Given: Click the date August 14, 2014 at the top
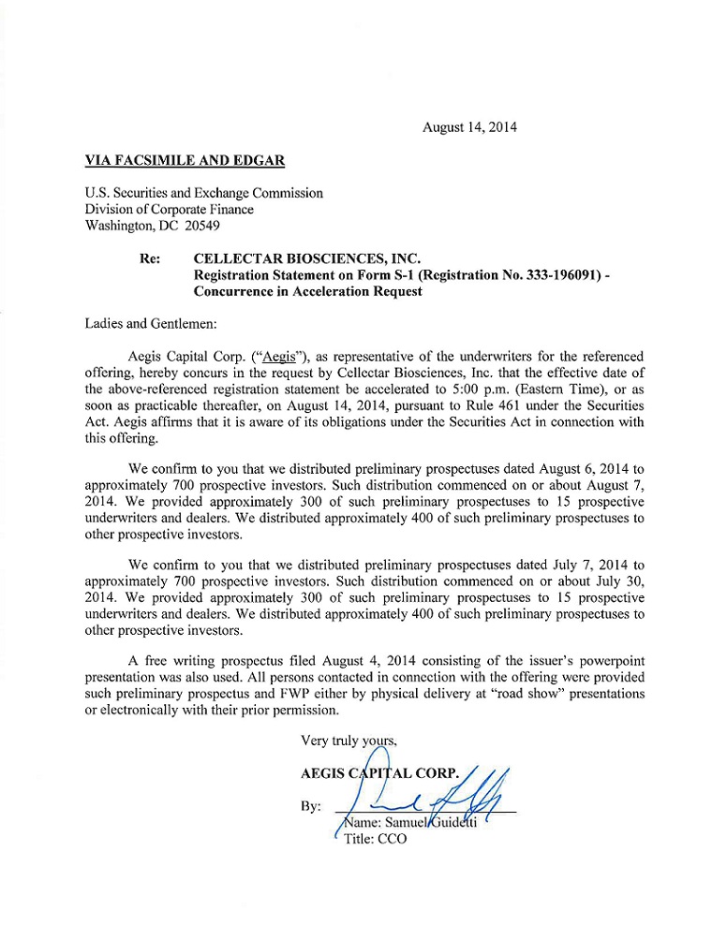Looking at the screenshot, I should (x=469, y=126).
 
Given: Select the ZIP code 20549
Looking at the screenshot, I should (x=206, y=227).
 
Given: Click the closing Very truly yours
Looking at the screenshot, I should (x=349, y=741).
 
